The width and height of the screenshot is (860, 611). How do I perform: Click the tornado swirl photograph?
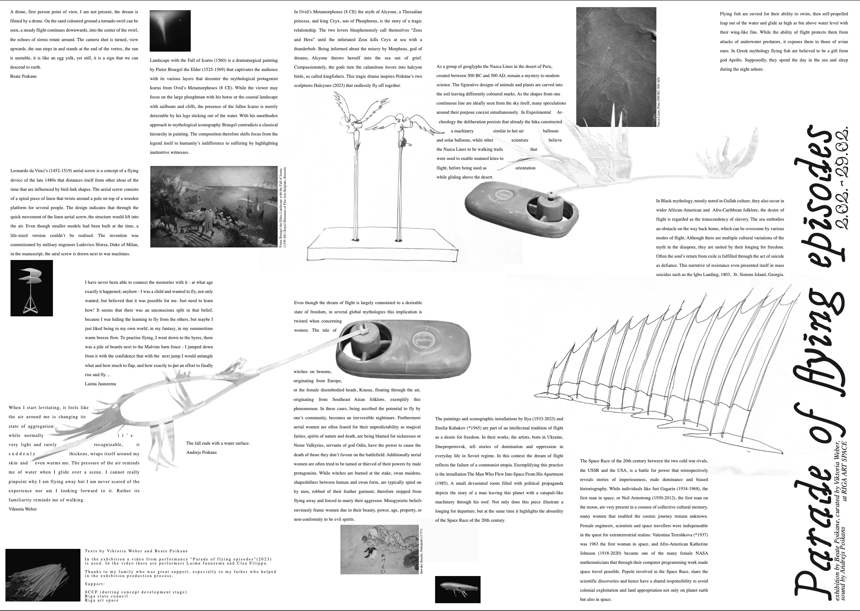170,31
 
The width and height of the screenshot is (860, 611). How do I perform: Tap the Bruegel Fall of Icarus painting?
214,206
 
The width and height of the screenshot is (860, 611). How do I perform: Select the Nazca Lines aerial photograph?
616,67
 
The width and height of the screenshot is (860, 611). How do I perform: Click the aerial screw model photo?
32,288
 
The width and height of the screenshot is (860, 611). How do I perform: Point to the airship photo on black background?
457,589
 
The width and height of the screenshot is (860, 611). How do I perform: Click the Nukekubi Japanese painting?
379,549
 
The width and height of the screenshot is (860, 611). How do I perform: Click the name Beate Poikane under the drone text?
23,76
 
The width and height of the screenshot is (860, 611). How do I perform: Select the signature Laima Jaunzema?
100,384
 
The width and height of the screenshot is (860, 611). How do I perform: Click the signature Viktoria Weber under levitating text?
23,509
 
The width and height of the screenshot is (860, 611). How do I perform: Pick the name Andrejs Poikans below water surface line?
201,452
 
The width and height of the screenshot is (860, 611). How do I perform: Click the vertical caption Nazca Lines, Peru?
658,101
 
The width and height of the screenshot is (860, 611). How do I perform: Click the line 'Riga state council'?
107,596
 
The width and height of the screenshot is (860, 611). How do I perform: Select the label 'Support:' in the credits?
95,584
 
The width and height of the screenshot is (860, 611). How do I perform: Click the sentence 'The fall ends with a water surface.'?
218,443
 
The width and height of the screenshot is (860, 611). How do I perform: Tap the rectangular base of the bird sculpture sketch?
382,248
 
